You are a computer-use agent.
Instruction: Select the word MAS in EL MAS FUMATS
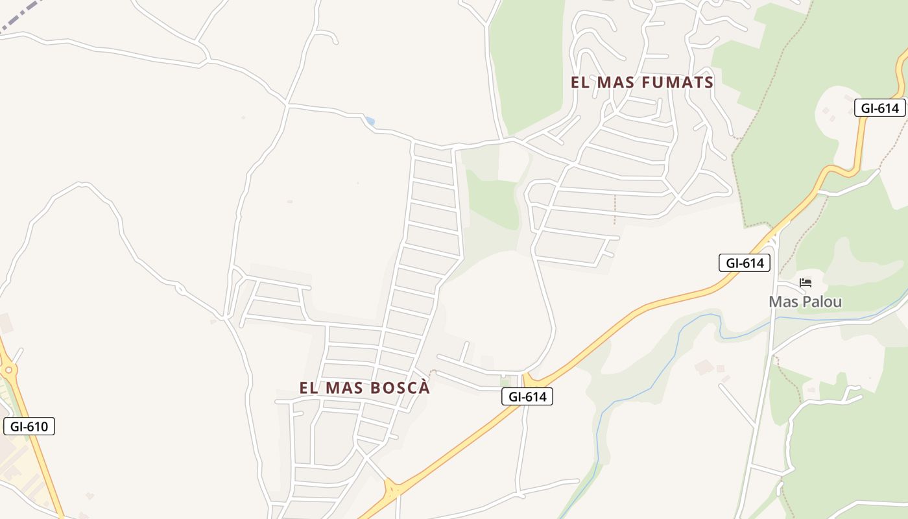click(615, 82)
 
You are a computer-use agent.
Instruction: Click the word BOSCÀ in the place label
click(400, 388)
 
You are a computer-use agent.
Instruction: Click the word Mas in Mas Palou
click(782, 302)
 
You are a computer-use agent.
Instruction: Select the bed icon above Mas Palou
click(806, 283)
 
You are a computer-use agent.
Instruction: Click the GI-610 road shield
click(29, 426)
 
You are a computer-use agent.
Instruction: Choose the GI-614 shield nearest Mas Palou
click(745, 263)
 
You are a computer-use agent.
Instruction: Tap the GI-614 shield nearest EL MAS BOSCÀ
click(527, 396)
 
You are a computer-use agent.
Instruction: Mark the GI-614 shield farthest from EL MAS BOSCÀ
click(879, 108)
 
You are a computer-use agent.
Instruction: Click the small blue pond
click(370, 121)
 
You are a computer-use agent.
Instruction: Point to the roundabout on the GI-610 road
click(8, 370)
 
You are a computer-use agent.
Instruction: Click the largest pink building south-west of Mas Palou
click(704, 367)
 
